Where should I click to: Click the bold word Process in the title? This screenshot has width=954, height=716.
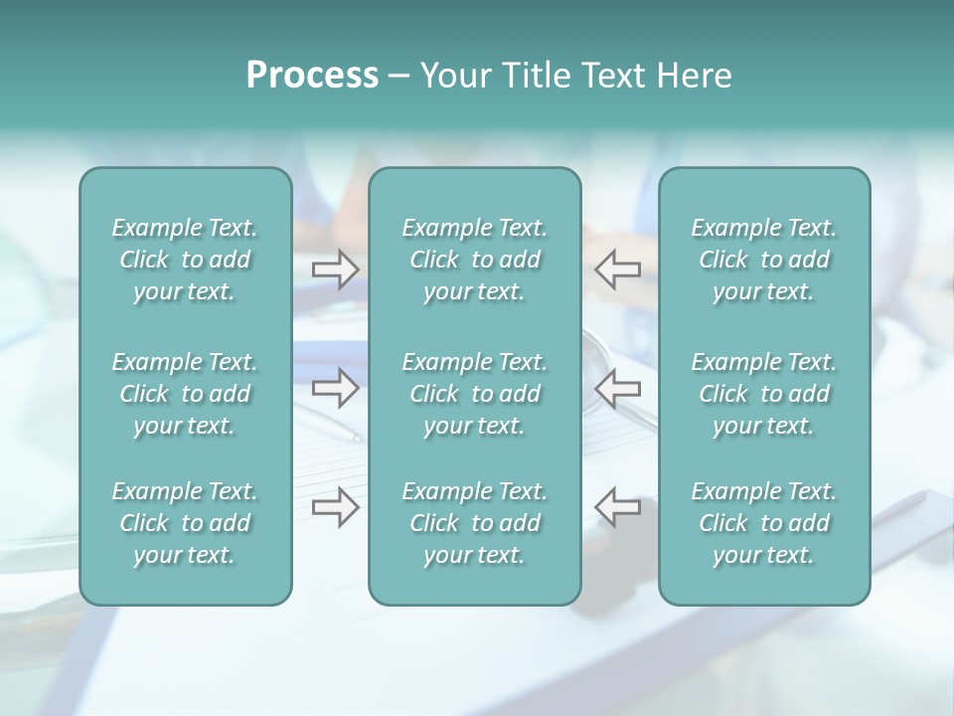pos(312,76)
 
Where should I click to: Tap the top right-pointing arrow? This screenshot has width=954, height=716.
pos(335,268)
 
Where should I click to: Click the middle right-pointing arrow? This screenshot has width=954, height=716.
pos(335,388)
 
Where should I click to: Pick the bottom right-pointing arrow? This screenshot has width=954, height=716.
pos(335,507)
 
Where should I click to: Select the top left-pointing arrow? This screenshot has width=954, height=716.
pos(618,268)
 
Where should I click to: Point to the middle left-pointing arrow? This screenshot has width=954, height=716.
pos(618,388)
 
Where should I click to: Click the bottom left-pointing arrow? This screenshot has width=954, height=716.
pos(618,507)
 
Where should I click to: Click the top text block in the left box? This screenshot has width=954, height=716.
pos(185,260)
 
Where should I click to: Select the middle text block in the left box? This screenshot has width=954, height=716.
pos(185,394)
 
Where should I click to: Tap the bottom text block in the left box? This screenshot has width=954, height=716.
pos(185,523)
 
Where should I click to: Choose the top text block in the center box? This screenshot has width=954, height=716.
pos(474,260)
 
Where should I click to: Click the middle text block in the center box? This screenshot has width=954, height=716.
pos(474,394)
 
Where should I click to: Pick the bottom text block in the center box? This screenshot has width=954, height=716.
pos(474,523)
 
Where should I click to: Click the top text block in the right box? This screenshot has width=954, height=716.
pos(763,260)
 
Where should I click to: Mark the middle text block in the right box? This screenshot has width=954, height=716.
pos(763,394)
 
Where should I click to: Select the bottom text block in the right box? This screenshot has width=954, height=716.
pos(763,523)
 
